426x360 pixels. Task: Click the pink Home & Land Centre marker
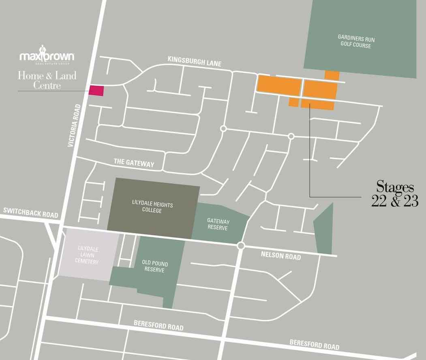coord(96,91)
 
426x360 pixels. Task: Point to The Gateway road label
coord(134,163)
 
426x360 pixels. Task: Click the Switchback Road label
coord(30,212)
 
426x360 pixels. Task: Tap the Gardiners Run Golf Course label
coord(356,41)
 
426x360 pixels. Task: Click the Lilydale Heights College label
coord(152,207)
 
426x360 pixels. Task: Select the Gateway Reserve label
coord(218,225)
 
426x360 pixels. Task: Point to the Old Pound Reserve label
coord(155,267)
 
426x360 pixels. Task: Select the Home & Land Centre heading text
coord(47,80)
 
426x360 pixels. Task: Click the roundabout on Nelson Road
coord(241,245)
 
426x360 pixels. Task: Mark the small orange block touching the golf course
coord(332,75)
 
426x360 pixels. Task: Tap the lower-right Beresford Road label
coord(314,345)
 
